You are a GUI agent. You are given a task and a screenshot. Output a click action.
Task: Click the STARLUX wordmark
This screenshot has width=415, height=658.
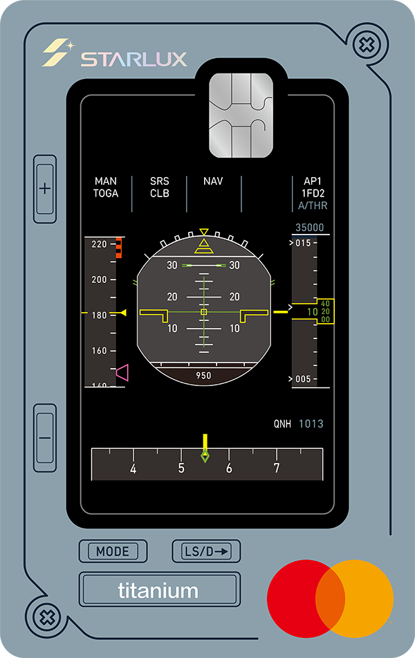(x=133, y=60)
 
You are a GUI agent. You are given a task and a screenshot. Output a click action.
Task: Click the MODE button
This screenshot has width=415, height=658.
(x=113, y=551)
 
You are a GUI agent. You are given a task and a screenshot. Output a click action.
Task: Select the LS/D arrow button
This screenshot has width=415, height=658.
(x=206, y=551)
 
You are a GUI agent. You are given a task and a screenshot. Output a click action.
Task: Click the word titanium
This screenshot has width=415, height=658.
(x=158, y=591)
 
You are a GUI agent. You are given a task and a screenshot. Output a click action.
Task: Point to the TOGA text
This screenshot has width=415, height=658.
(x=106, y=194)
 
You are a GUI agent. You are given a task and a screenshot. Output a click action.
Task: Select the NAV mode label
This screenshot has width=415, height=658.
(x=213, y=181)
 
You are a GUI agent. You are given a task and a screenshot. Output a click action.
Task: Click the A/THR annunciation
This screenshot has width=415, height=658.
(x=313, y=205)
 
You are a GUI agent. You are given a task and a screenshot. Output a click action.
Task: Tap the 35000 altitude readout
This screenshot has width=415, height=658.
(x=309, y=228)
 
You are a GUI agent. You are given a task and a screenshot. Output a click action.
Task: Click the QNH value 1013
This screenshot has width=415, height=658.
(x=311, y=423)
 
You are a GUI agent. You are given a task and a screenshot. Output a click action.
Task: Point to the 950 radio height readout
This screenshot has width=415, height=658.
(x=203, y=376)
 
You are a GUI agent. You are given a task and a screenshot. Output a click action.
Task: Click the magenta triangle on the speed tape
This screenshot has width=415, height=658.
(x=122, y=373)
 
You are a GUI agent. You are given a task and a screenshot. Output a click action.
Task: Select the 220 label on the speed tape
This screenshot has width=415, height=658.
(x=99, y=244)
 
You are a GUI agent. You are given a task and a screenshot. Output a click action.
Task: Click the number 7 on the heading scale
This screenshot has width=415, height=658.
(x=276, y=469)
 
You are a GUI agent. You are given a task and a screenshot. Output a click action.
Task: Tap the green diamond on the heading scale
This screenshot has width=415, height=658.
(x=205, y=456)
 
